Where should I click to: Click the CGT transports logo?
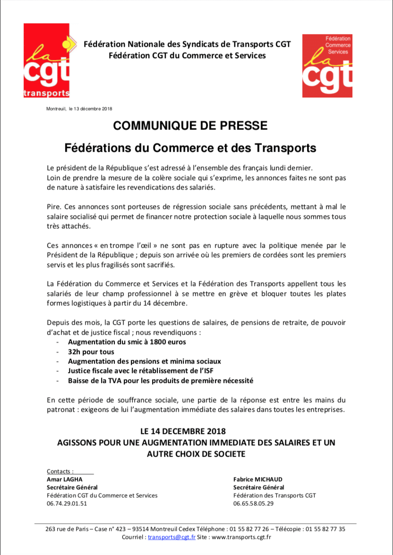(47, 61)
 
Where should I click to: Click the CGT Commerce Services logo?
(327, 65)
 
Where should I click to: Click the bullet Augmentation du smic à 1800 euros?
(127, 342)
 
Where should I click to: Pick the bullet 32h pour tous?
(91, 352)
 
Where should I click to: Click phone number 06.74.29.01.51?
(67, 503)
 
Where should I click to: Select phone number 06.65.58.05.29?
(254, 503)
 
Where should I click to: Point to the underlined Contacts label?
(60, 471)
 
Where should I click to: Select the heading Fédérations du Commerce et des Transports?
(190, 148)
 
